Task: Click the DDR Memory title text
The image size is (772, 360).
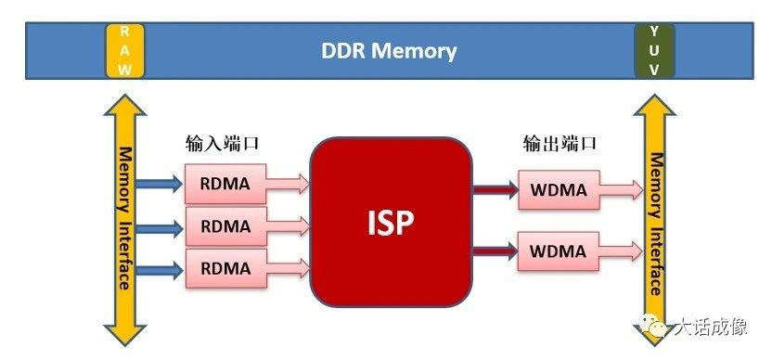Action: (389, 50)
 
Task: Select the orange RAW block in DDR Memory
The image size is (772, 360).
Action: (124, 50)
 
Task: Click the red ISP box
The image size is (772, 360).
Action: (390, 224)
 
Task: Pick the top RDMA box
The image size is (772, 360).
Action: (225, 183)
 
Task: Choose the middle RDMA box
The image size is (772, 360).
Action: (225, 225)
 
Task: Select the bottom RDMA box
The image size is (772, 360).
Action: (225, 268)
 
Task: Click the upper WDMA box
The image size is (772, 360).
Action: (558, 190)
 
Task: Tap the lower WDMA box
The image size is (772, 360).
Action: (558, 251)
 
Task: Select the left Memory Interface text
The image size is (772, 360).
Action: (123, 218)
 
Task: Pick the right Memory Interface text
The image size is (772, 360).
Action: (655, 223)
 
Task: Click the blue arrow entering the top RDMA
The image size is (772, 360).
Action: (160, 184)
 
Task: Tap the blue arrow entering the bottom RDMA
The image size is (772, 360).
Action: (160, 269)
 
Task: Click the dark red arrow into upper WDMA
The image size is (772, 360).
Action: (494, 190)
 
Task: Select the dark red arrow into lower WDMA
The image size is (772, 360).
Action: (494, 251)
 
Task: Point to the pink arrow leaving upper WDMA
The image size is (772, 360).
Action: (620, 190)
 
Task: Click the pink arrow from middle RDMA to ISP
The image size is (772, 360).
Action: (288, 225)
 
